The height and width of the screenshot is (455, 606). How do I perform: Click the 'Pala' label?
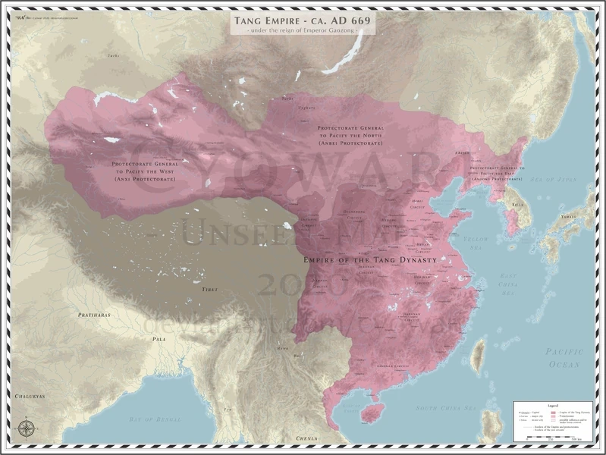click(x=159, y=339)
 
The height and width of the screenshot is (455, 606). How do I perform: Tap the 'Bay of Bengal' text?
click(x=152, y=419)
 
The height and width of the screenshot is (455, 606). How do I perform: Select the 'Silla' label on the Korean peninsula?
click(x=517, y=204)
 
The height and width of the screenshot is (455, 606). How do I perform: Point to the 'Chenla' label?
click(x=307, y=438)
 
